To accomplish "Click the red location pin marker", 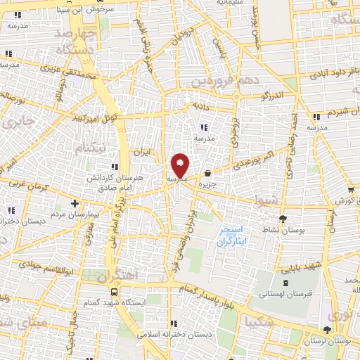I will pos(181,166).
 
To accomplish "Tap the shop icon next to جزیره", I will pos(207,174).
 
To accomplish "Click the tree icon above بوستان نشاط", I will pos(283,219).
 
